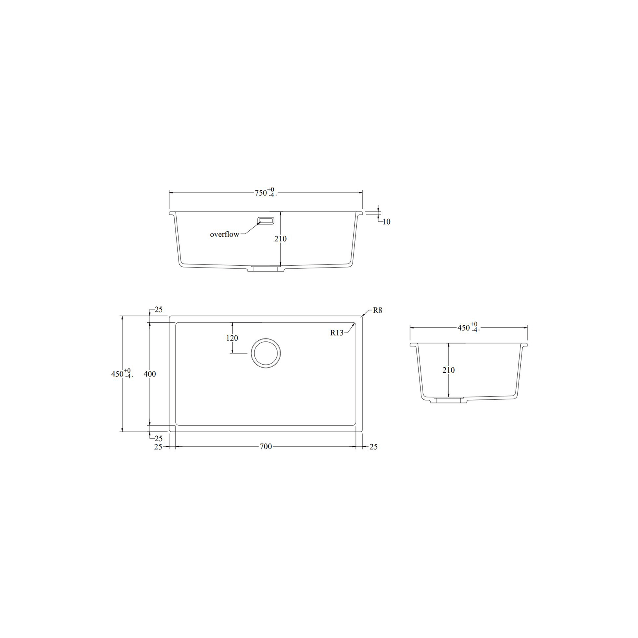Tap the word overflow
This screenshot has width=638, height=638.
[x=225, y=234]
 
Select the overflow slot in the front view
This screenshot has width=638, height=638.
[x=266, y=221]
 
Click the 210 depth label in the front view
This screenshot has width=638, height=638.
[x=281, y=239]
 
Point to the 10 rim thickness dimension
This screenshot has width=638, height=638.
[x=386, y=222]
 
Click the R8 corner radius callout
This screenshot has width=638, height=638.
[x=377, y=310]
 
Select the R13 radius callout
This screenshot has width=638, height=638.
[x=337, y=333]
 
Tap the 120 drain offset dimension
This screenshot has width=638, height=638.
[x=232, y=338]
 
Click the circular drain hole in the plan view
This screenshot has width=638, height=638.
[x=266, y=353]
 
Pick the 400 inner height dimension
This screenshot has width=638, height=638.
[x=150, y=374]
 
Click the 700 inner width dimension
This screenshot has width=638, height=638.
[x=266, y=447]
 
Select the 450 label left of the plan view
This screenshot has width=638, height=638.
[x=118, y=374]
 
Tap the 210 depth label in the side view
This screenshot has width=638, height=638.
[x=449, y=370]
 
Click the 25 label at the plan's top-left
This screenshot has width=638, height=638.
[x=158, y=310]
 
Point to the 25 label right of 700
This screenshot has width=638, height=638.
[x=373, y=447]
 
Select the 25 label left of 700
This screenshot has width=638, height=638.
[x=158, y=447]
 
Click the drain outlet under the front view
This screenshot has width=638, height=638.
[x=266, y=269]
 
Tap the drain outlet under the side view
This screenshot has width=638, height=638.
[x=449, y=400]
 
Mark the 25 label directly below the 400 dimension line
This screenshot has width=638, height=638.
[x=158, y=439]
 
